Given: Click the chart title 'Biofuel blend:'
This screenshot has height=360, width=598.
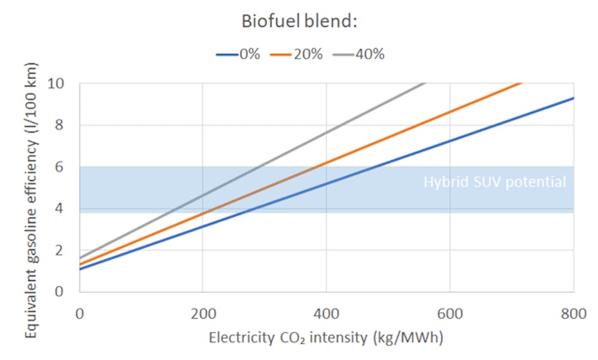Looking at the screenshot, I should [x=298, y=22].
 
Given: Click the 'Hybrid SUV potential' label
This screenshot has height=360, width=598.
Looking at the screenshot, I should [x=495, y=182].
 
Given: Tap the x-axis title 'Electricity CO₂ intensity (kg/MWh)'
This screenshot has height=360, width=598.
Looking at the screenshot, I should [x=326, y=338].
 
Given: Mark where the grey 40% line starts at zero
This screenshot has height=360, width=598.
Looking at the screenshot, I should [x=80, y=258].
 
